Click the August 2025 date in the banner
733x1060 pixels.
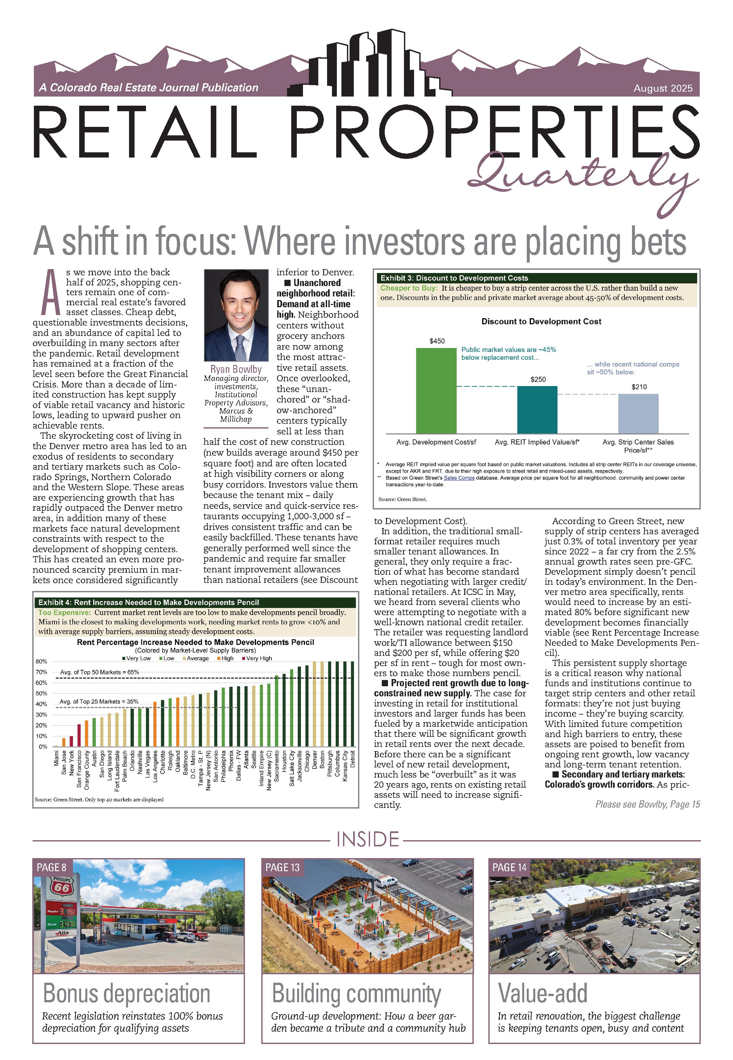(x=663, y=88)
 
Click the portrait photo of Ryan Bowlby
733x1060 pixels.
(x=236, y=315)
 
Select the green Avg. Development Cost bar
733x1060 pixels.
(x=436, y=391)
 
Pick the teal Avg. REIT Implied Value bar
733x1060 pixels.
(x=537, y=410)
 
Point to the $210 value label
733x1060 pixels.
(x=639, y=387)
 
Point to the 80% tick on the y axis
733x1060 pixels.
(x=41, y=661)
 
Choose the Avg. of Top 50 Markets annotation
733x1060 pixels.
(x=99, y=672)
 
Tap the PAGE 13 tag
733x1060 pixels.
(x=282, y=867)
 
